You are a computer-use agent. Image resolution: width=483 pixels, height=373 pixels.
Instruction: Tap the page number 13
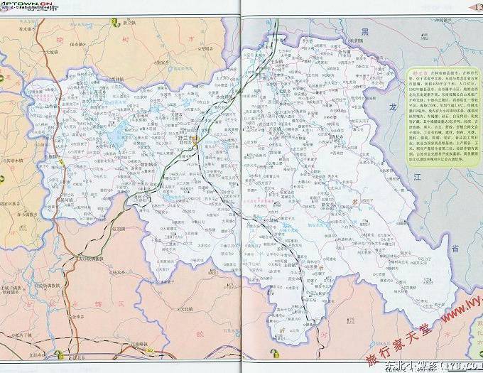[476, 6]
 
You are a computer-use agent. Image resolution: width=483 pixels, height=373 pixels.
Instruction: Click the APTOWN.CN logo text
[17, 4]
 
